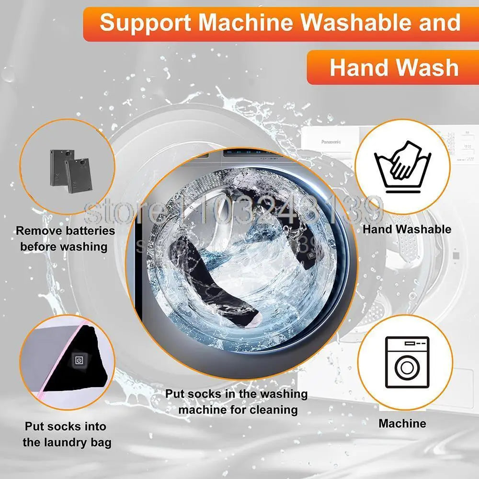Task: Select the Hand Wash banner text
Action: pos(394,68)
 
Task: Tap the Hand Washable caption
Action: pos(407,229)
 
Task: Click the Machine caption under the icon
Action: pos(402,423)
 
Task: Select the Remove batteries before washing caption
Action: pos(65,239)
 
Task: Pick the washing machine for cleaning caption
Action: pos(237,402)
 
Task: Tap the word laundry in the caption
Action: pos(73,442)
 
